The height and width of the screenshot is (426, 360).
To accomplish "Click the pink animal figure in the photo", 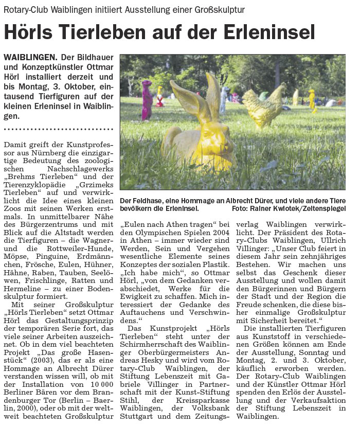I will coord(147,100).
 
